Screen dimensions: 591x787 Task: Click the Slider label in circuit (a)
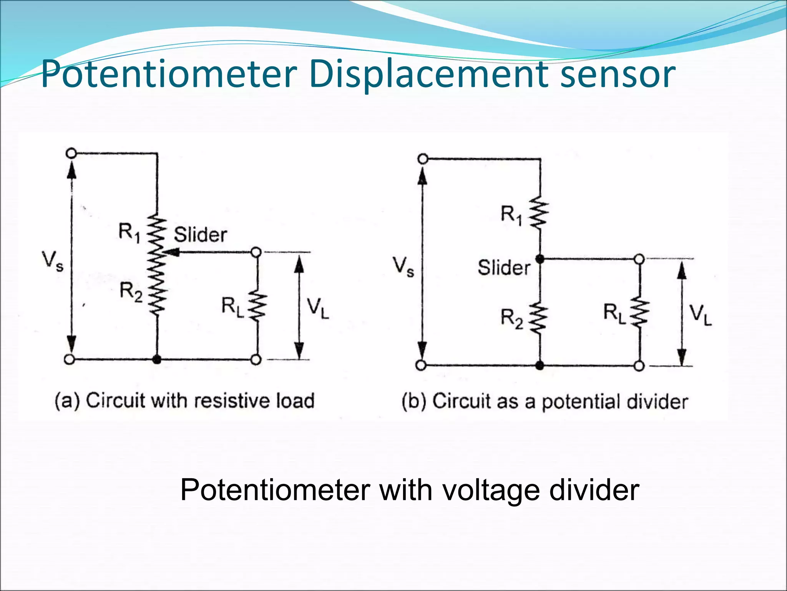(x=200, y=235)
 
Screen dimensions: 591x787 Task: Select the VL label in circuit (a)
(x=318, y=309)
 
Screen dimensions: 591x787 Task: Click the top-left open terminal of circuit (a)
(x=71, y=154)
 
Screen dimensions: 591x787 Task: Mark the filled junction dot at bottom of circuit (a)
(x=157, y=360)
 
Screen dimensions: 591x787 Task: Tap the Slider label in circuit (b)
(x=504, y=267)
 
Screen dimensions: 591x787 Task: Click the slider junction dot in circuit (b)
(x=540, y=259)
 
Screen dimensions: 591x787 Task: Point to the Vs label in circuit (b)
(x=403, y=266)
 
